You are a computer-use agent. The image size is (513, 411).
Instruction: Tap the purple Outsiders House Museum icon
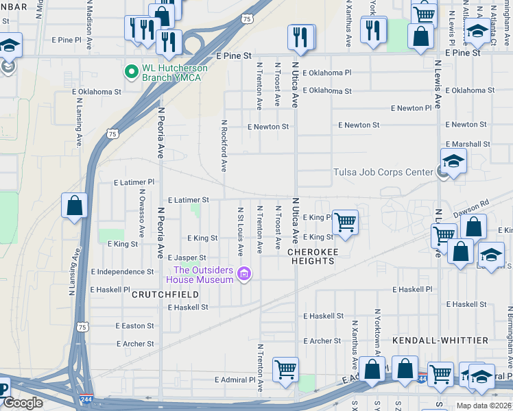click(x=243, y=275)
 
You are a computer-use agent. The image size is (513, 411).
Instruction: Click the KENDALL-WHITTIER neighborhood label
click(x=440, y=340)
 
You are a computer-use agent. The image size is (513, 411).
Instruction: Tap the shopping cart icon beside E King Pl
click(x=345, y=221)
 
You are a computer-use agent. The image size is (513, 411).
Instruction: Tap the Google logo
click(x=23, y=403)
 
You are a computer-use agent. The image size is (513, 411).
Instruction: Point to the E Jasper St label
click(x=187, y=258)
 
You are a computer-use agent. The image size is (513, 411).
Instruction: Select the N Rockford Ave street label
click(x=224, y=146)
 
